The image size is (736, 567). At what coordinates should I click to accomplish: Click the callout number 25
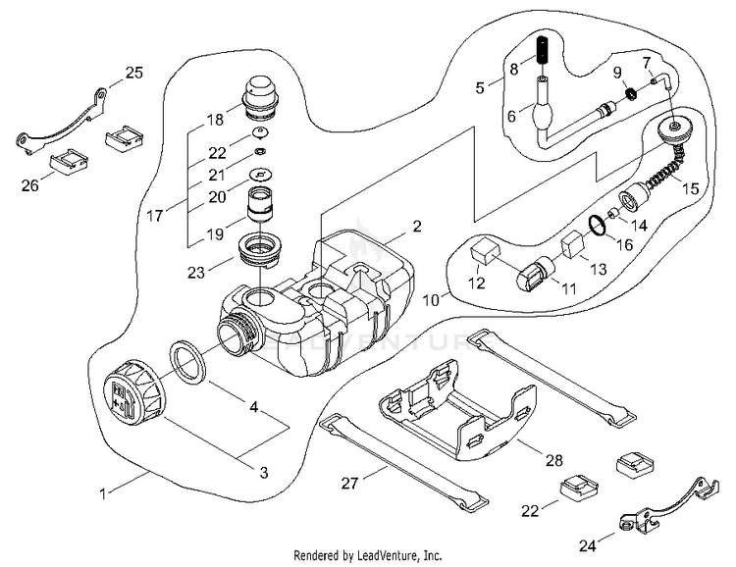[134, 72]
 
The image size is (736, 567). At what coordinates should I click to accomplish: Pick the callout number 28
[554, 458]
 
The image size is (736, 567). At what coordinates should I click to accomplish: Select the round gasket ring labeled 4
[189, 361]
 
